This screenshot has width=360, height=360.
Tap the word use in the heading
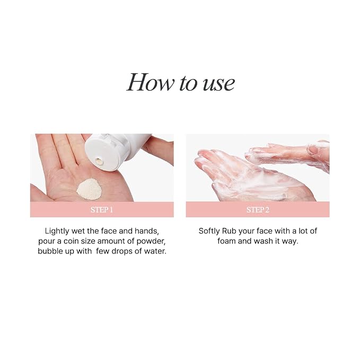[219, 84]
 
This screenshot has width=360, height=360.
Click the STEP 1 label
[102, 210]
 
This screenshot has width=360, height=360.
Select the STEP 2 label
[258, 210]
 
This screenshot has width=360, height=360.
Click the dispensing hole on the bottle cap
[100, 161]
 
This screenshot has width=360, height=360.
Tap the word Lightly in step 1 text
[57, 231]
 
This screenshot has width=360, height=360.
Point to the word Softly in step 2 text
[209, 231]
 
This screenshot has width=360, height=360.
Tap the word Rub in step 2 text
[230, 231]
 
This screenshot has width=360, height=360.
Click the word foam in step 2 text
[226, 241]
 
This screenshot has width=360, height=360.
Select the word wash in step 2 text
[264, 241]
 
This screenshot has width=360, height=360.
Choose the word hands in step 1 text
[147, 231]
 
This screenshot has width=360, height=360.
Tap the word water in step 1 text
[155, 251]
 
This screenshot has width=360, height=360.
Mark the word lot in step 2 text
[303, 231]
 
